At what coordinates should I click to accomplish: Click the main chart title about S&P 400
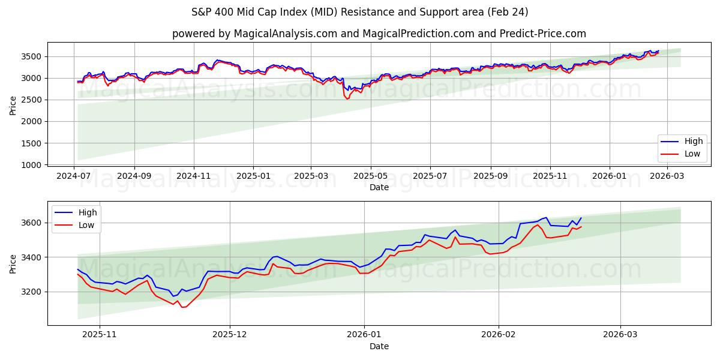click(359, 12)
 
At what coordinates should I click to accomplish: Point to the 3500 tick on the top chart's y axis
click(33, 56)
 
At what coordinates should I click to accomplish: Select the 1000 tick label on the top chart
click(33, 165)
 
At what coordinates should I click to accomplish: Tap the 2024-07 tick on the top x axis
click(74, 175)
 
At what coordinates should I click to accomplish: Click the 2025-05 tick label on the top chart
click(370, 175)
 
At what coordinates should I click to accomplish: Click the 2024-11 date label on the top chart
click(193, 175)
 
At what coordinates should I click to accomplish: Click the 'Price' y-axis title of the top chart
click(13, 104)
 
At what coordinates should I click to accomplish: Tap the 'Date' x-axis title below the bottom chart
click(379, 346)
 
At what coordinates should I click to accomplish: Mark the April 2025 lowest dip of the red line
click(347, 98)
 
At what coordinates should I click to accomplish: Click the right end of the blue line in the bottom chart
click(581, 218)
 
